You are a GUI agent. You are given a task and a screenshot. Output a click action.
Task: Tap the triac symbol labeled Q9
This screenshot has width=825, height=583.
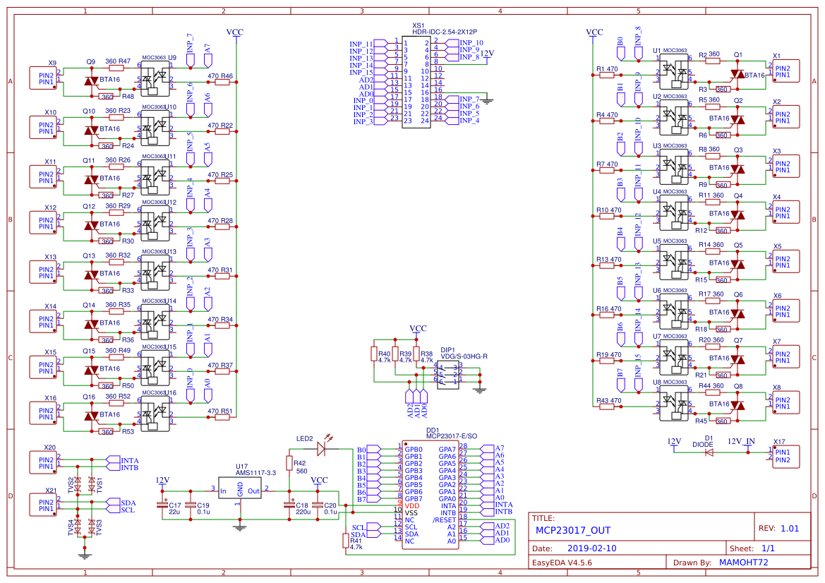tap(91, 81)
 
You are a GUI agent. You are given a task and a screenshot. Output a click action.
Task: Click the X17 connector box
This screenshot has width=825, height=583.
tap(786, 456)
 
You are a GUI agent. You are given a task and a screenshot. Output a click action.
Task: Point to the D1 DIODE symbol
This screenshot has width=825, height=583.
tap(709, 452)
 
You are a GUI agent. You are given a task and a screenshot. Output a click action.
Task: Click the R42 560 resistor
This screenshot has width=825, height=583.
tap(289, 462)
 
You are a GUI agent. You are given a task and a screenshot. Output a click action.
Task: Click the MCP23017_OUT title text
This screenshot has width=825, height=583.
tap(572, 531)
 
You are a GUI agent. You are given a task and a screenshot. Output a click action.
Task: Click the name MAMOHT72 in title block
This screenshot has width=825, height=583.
tap(743, 563)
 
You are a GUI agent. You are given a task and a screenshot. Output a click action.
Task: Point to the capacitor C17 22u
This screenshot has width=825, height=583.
tap(166, 504)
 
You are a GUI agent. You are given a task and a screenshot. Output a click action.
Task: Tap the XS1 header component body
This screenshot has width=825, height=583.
tap(416, 82)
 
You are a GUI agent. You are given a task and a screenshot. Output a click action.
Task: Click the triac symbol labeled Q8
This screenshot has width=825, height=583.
tap(737, 405)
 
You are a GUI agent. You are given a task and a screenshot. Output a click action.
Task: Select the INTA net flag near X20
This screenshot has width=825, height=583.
tap(113, 460)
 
